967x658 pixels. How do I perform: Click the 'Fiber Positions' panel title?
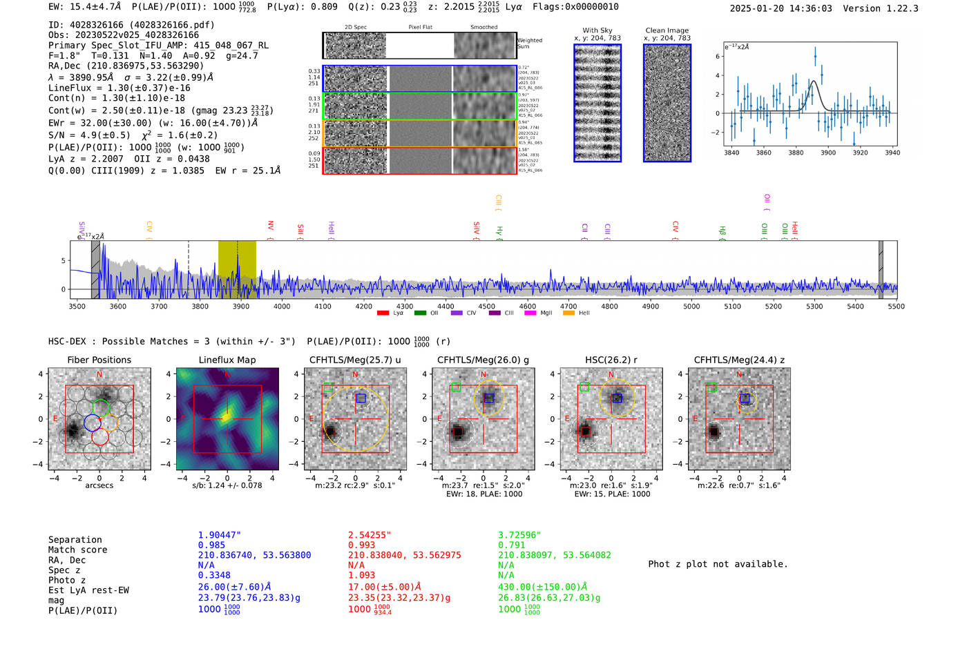(x=99, y=360)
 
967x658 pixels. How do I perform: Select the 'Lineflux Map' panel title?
(x=227, y=360)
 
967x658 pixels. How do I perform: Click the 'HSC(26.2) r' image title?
(x=611, y=360)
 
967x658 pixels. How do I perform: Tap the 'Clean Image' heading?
(x=667, y=30)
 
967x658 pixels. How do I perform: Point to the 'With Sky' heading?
(x=597, y=30)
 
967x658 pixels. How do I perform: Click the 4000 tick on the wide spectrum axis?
(x=282, y=307)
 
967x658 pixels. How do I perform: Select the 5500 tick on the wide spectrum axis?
(x=896, y=307)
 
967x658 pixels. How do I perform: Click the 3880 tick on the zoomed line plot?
(x=796, y=153)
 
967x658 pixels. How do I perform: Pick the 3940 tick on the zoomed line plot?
(x=892, y=153)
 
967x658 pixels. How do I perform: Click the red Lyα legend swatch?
(x=383, y=313)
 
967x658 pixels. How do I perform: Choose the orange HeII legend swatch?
(x=568, y=313)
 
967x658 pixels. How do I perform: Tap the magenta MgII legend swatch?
(x=530, y=313)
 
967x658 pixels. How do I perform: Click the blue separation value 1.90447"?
(x=219, y=535)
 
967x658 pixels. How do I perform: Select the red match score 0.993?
(x=361, y=545)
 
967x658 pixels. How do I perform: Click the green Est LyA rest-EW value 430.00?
(x=542, y=587)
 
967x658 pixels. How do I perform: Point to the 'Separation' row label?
(x=75, y=540)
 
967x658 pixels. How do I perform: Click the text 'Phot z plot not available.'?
(x=718, y=564)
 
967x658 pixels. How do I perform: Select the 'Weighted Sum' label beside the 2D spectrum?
(x=530, y=43)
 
